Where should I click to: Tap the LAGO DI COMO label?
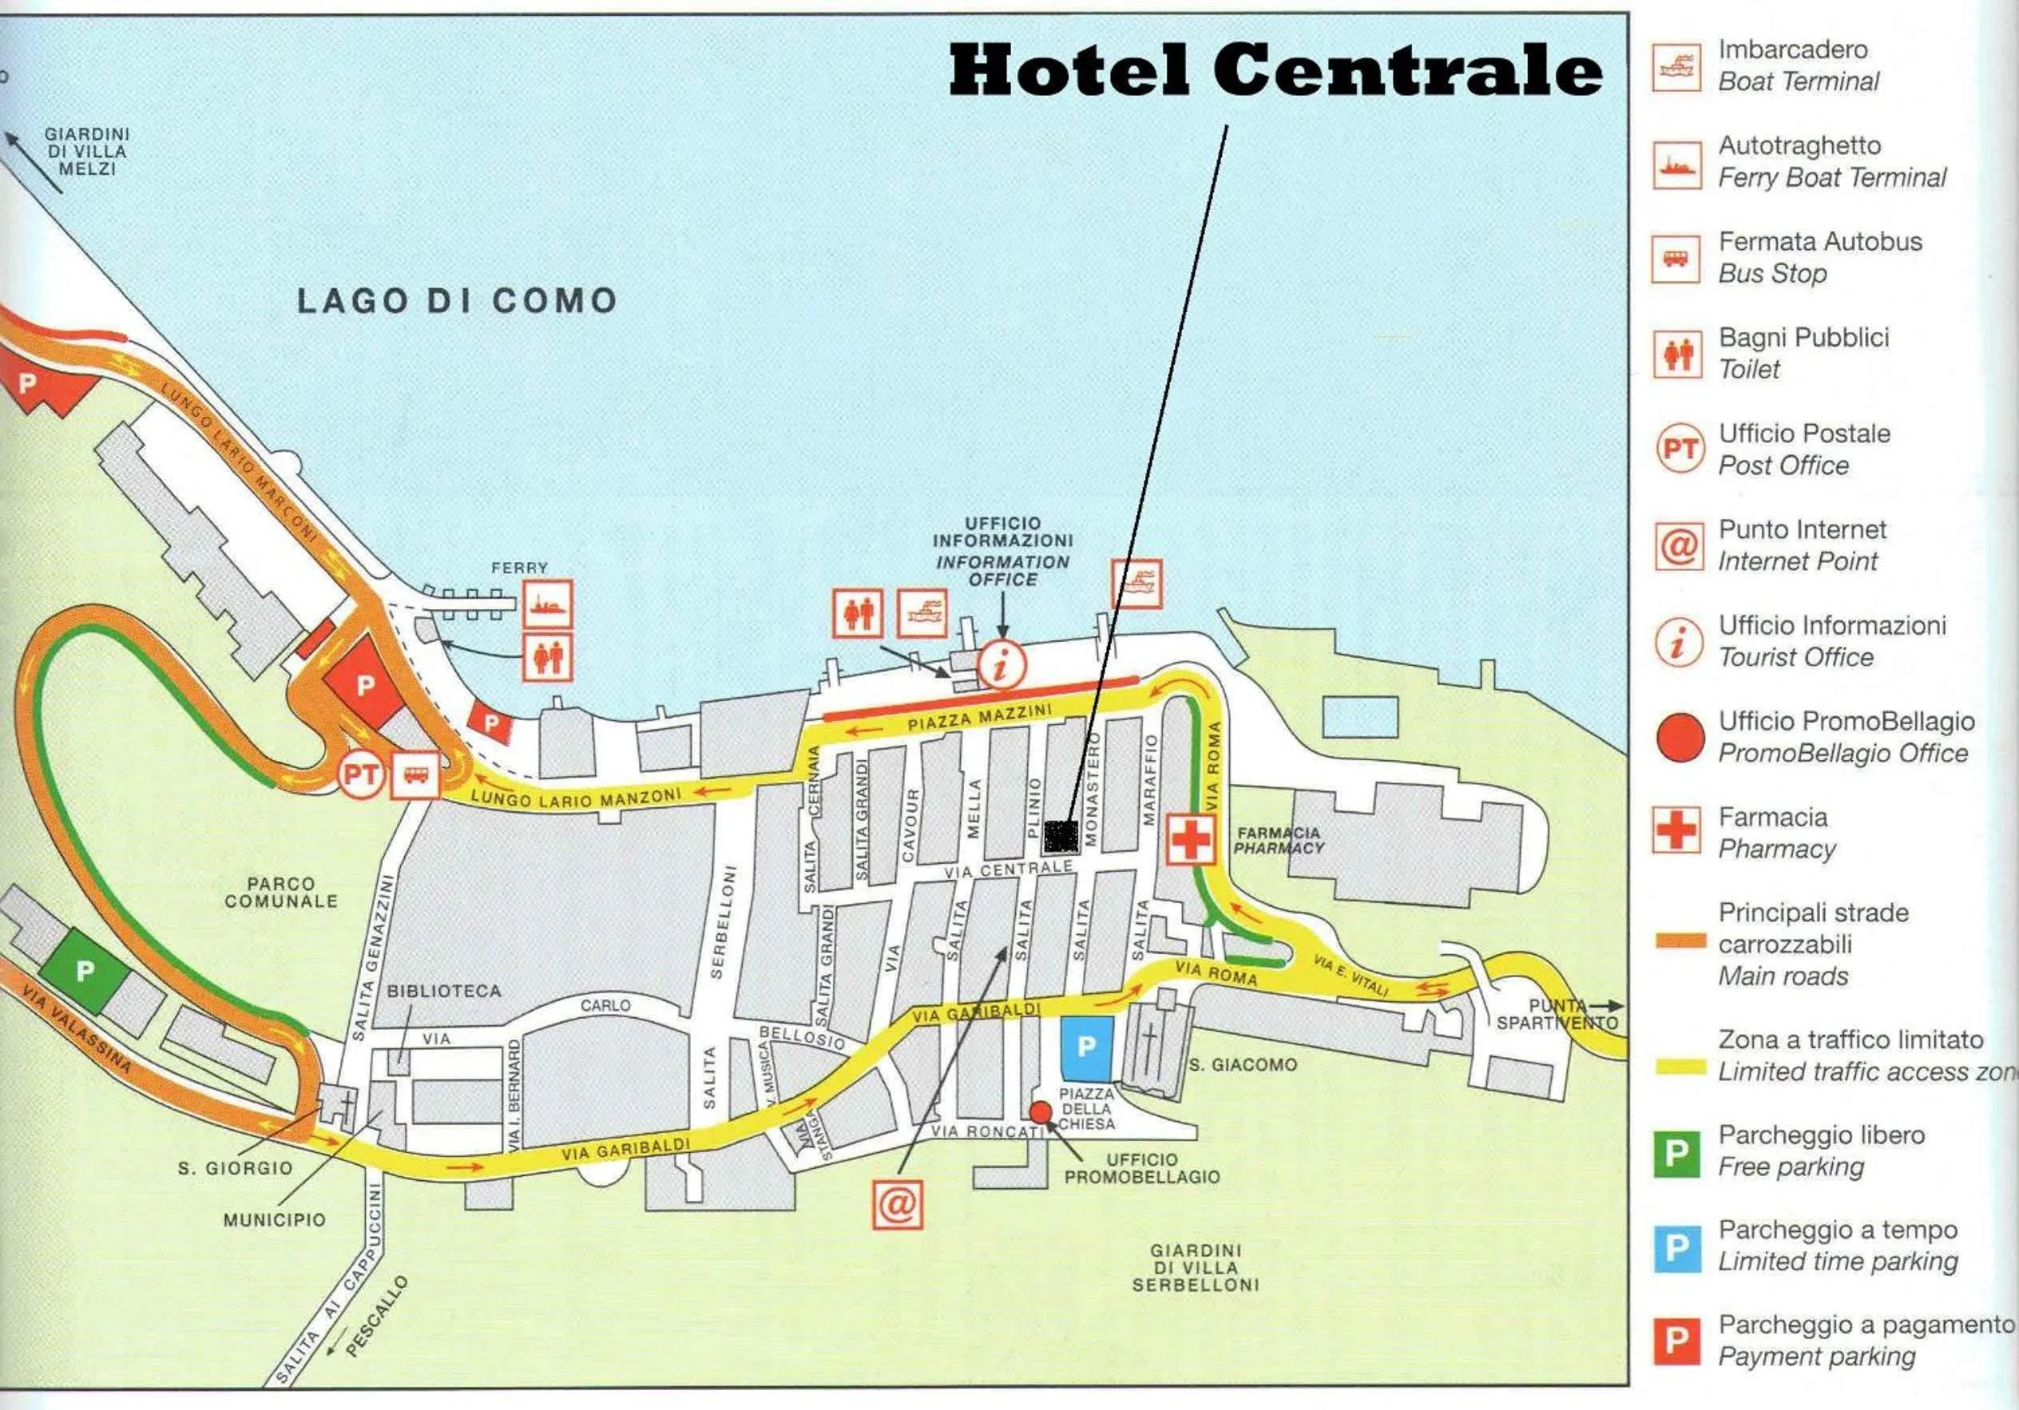[x=456, y=301]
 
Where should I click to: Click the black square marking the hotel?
[x=1061, y=836]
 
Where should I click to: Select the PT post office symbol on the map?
[x=360, y=775]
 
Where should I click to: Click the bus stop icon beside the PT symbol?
[x=415, y=775]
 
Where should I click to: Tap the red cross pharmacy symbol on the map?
[x=1191, y=838]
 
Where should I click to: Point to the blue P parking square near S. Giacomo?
[x=1087, y=1048]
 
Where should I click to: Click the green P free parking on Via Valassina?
[x=85, y=972]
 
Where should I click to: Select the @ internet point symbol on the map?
[x=897, y=1204]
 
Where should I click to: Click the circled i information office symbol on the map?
[x=1002, y=664]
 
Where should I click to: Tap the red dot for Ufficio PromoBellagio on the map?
[x=1041, y=1112]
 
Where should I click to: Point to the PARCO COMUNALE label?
[x=280, y=893]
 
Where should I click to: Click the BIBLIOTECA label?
[x=444, y=991]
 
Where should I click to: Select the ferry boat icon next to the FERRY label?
[x=548, y=604]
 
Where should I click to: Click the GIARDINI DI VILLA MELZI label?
[x=86, y=151]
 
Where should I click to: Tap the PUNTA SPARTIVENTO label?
[x=1557, y=1013]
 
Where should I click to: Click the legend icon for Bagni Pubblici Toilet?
[x=1677, y=354]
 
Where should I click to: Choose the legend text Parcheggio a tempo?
[x=1838, y=1230]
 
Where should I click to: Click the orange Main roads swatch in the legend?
[x=1680, y=941]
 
